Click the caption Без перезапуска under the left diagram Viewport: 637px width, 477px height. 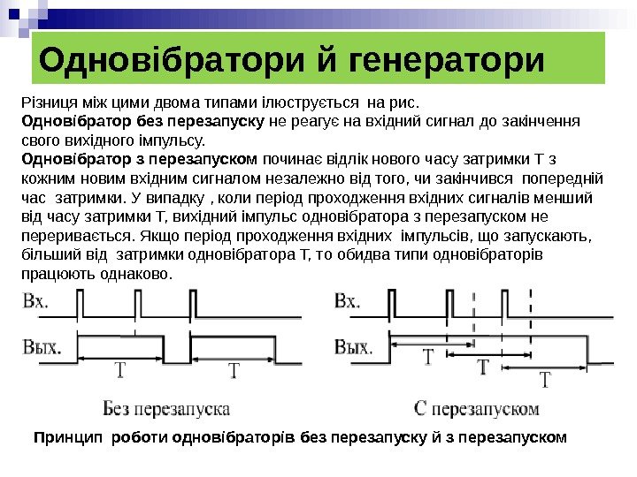tap(166, 409)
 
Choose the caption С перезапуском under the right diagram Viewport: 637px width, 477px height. tap(478, 409)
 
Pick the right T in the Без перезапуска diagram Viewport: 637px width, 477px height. tap(234, 372)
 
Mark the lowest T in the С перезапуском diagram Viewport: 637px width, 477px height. tap(545, 381)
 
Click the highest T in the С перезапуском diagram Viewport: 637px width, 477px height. tap(427, 357)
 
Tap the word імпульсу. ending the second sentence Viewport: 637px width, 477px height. tap(175, 140)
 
